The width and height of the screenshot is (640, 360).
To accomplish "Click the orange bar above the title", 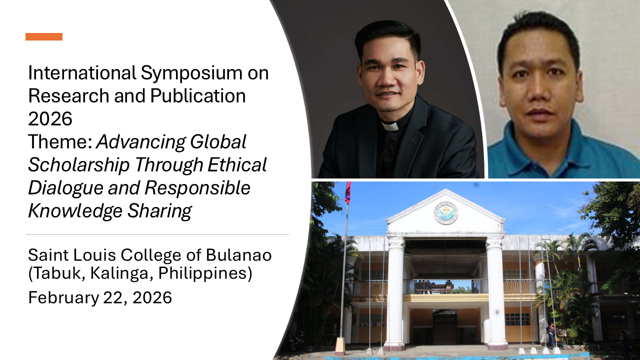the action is [x=44, y=36].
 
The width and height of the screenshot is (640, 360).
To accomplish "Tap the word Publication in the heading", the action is [x=197, y=96].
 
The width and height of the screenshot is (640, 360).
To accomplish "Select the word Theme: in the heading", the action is [x=60, y=142].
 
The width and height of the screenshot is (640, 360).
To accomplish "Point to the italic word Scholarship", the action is [x=79, y=165].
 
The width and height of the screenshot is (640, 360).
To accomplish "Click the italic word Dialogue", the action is [x=65, y=188].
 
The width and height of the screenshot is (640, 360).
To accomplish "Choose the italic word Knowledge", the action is [x=75, y=211].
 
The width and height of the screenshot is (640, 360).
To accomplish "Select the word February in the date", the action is [x=63, y=297].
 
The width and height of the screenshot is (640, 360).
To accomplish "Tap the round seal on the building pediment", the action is [x=446, y=212].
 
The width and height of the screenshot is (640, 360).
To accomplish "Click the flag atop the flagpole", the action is [x=347, y=192].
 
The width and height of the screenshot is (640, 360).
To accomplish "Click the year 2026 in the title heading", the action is [x=50, y=119].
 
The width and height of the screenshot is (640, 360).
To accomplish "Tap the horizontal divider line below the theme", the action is [x=157, y=234].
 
